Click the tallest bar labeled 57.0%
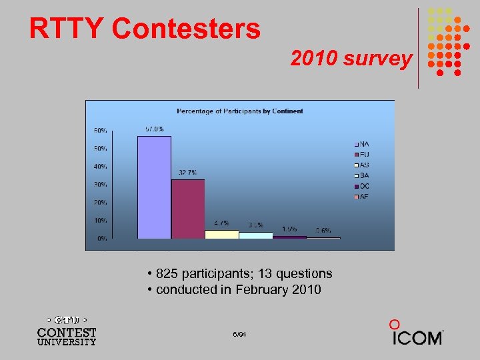tap(154, 187)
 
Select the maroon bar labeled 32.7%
tap(188, 208)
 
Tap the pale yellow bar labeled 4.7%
tap(222, 234)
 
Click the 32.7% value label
tap(187, 173)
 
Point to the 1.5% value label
tap(289, 229)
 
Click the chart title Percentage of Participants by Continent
tap(239, 111)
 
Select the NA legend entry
tap(362, 144)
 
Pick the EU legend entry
tap(362, 155)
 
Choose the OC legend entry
tap(362, 186)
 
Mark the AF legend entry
tap(362, 197)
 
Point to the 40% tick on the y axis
tap(99, 166)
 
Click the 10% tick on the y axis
tap(99, 220)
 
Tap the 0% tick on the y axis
tap(101, 238)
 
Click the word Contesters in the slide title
tap(186, 29)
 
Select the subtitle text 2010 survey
tap(351, 59)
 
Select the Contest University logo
tap(67, 329)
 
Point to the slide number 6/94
tap(240, 333)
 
